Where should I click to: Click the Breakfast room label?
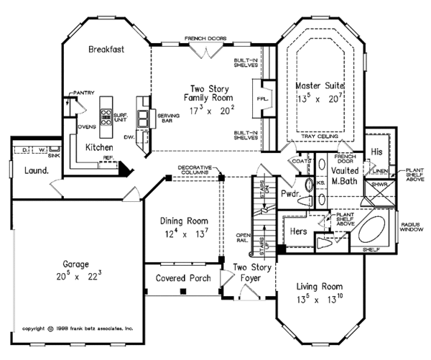(x=108, y=50)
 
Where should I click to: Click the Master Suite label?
(x=322, y=86)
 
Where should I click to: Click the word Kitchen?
(x=101, y=146)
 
